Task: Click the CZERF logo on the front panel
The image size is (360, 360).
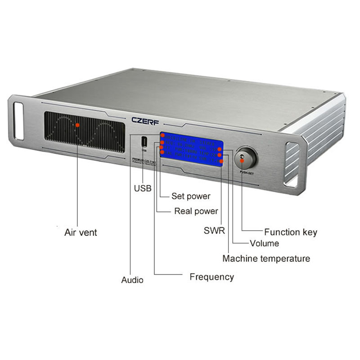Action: (145, 120)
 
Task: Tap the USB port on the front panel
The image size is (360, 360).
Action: (144, 141)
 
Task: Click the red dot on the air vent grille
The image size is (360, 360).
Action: (77, 125)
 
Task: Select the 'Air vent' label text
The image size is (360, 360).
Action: (81, 233)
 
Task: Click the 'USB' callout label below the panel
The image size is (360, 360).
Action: (143, 188)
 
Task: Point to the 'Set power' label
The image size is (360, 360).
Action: (191, 196)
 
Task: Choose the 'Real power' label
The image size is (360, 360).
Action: (196, 211)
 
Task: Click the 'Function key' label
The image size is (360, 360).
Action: (290, 232)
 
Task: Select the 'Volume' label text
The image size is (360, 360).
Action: (264, 243)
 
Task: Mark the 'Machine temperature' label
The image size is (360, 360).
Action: (266, 259)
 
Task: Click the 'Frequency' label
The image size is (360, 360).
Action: (211, 277)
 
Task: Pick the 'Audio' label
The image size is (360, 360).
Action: (132, 280)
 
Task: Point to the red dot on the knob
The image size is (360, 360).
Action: (242, 158)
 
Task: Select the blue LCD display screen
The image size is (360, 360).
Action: (191, 149)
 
